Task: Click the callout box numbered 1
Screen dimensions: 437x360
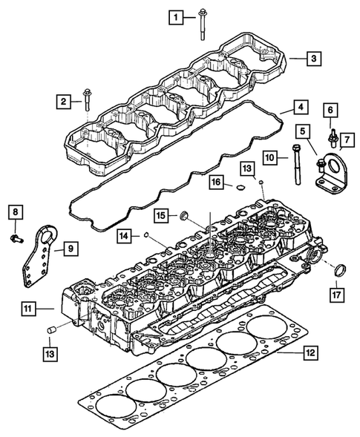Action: pyautogui.click(x=175, y=16)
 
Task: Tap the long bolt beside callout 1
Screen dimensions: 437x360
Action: pyautogui.click(x=202, y=22)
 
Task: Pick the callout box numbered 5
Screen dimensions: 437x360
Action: pyautogui.click(x=305, y=131)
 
